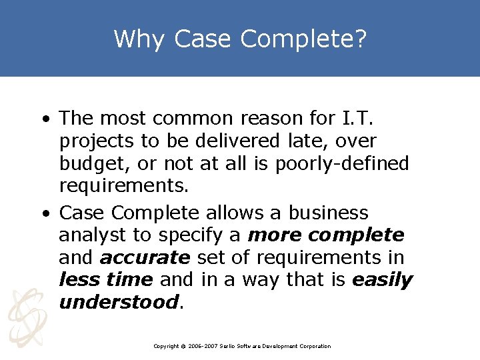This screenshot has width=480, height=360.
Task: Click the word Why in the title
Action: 139,39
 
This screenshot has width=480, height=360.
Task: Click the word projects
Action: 97,142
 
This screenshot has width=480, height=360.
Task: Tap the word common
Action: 193,119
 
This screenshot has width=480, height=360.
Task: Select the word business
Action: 328,213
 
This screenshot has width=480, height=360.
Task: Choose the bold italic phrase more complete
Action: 325,235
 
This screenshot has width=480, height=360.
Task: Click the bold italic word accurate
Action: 145,258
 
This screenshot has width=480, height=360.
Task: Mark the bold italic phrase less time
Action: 105,280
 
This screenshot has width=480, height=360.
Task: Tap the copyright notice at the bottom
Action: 241,346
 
